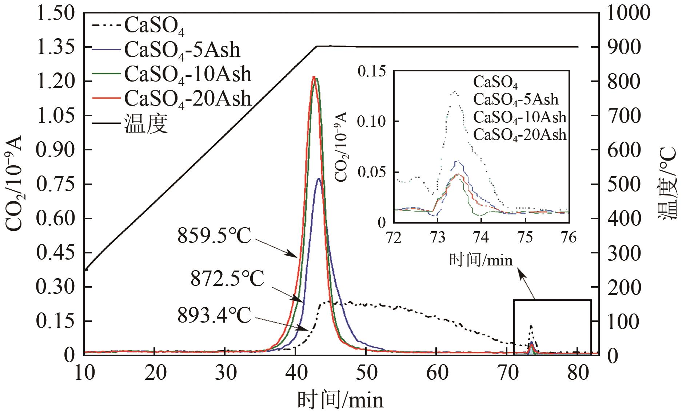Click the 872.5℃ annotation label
point(227,280)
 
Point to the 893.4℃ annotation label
point(214,315)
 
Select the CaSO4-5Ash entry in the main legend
point(182,50)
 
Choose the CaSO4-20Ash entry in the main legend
point(187,98)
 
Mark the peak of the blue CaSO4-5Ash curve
point(319,178)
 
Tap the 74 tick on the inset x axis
point(481,237)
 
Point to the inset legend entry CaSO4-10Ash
point(520,117)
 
